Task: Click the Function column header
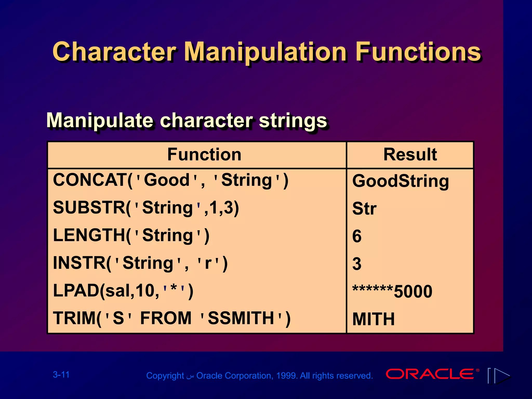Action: (x=204, y=155)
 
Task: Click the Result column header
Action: (x=410, y=155)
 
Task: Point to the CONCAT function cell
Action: (x=170, y=180)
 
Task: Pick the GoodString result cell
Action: (x=400, y=181)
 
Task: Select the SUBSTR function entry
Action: (x=146, y=208)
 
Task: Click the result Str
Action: (x=364, y=209)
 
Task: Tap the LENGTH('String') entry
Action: (x=131, y=236)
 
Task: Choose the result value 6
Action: (x=357, y=236)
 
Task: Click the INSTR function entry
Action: (x=140, y=263)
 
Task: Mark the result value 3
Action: (x=357, y=264)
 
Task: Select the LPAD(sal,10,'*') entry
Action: (x=123, y=291)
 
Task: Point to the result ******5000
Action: (x=392, y=291)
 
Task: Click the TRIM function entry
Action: (x=171, y=318)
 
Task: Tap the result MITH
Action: (x=373, y=319)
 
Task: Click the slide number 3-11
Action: (x=61, y=375)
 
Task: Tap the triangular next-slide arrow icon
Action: (x=501, y=376)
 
